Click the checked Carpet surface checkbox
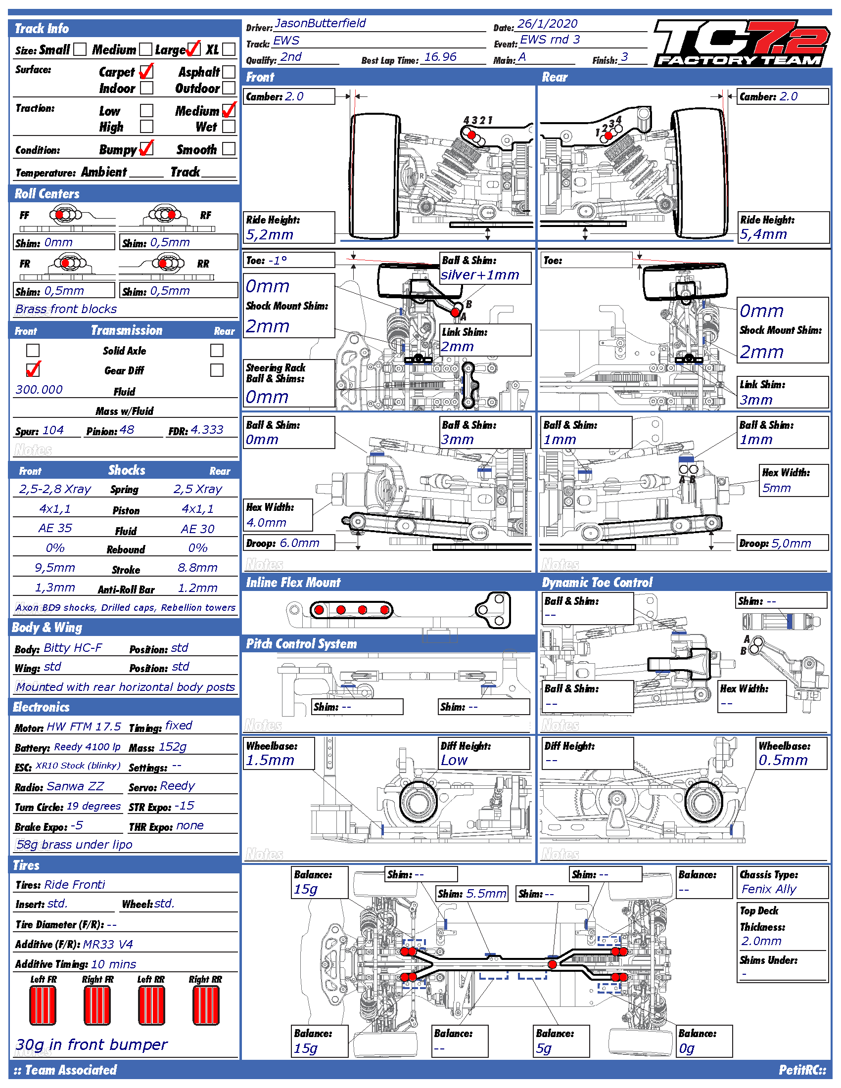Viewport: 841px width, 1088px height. (146, 72)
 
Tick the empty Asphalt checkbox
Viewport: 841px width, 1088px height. (229, 72)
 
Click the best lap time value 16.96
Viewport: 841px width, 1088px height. (440, 57)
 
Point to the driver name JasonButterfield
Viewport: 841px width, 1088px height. (320, 24)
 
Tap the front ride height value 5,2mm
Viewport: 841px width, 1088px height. (270, 234)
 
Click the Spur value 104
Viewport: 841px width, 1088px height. (53, 430)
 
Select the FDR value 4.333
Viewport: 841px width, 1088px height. (207, 430)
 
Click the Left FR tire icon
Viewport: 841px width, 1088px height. (43, 1005)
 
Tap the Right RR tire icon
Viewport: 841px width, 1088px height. (206, 1005)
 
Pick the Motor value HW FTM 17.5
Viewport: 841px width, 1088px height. (84, 727)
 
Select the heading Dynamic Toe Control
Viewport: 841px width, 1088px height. (597, 583)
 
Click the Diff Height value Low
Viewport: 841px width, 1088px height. (454, 760)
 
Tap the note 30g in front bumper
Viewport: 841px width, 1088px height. (92, 1044)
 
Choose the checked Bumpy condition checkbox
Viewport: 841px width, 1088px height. (146, 149)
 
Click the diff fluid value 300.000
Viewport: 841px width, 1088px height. (40, 390)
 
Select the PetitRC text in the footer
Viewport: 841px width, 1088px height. (801, 1070)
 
